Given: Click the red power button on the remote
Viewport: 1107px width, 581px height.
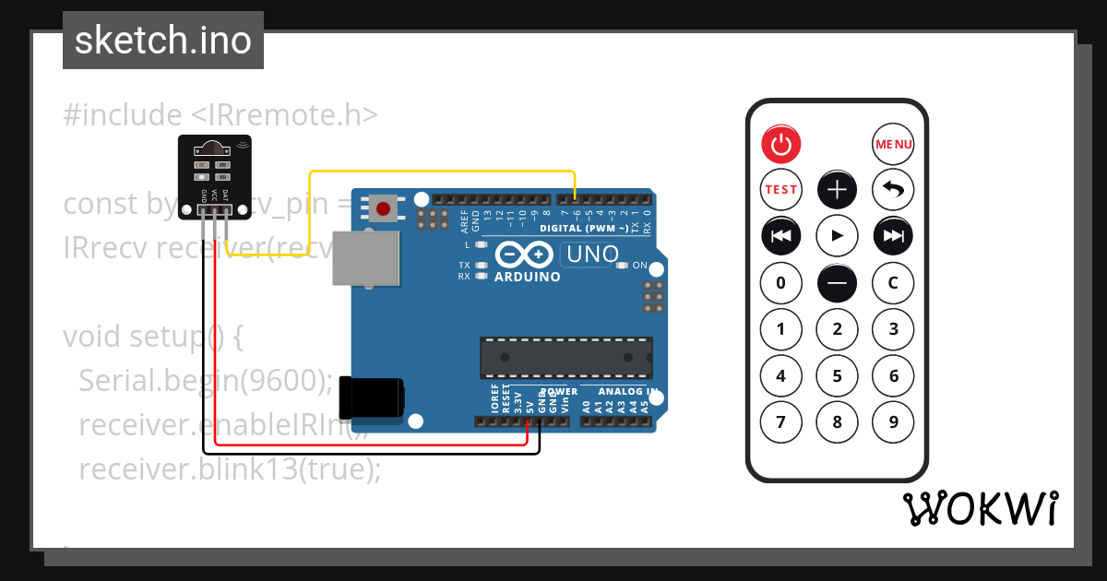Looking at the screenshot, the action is tap(781, 144).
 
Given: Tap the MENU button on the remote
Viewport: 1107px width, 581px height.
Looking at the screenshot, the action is tap(893, 144).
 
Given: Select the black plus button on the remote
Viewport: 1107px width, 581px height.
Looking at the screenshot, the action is tap(838, 190).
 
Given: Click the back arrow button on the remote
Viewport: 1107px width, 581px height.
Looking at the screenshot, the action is tap(893, 190).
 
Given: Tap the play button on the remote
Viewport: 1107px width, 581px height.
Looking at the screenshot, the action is tap(838, 236).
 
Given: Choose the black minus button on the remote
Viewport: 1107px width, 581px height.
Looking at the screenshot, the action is tap(838, 282).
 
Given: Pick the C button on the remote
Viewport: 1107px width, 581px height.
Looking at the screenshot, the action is tap(893, 282).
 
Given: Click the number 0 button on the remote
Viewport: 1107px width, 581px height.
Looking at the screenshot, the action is tap(781, 282).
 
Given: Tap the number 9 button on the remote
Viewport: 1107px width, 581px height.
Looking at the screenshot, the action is tap(893, 422).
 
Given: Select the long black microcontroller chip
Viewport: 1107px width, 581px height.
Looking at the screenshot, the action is tap(565, 358).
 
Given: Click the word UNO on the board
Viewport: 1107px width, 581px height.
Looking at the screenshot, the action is tap(591, 255).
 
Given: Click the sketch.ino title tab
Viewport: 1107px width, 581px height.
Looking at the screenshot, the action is tap(163, 41).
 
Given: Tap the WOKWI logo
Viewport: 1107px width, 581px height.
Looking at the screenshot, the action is tap(981, 508).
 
